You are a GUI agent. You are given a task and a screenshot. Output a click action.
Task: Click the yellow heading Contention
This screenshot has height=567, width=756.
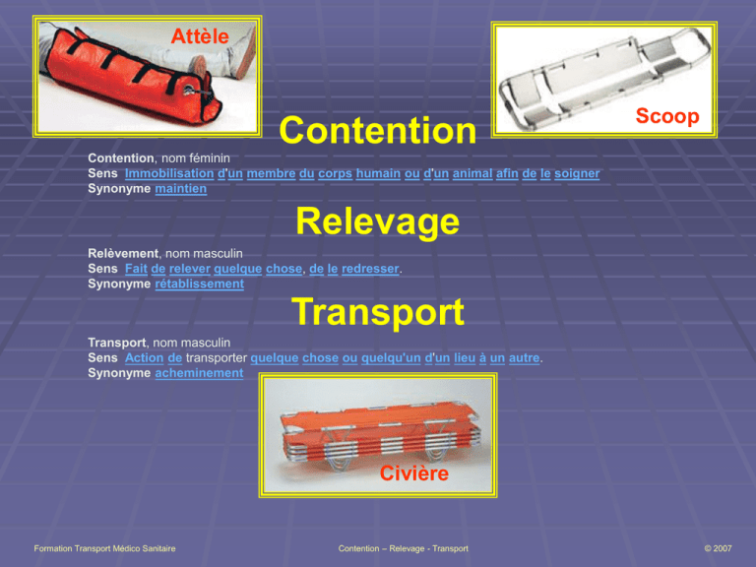click(x=378, y=131)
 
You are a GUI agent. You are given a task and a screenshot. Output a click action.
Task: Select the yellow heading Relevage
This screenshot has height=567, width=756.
click(x=378, y=221)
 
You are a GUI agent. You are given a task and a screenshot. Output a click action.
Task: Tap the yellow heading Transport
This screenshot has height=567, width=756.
click(x=378, y=312)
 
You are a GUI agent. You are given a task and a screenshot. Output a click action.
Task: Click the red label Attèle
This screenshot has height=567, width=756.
click(x=200, y=36)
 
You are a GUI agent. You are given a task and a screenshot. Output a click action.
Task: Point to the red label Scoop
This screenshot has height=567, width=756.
click(x=667, y=116)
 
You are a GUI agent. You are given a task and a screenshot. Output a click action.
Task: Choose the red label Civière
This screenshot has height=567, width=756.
click(x=414, y=472)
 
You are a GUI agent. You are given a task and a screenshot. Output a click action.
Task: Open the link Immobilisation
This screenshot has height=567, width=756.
click(x=169, y=173)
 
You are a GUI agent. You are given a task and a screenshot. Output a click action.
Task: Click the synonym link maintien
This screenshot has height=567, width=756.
click(x=181, y=189)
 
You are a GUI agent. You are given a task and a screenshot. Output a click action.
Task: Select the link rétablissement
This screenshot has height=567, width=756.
click(x=199, y=283)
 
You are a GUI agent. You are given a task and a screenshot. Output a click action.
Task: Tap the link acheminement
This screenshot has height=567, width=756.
click(x=199, y=373)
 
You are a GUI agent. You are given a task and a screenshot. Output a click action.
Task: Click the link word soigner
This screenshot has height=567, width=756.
click(x=577, y=173)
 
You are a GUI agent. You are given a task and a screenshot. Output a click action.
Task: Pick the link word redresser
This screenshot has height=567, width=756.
click(x=370, y=269)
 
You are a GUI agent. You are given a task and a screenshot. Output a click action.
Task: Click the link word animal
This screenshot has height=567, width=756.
click(x=472, y=173)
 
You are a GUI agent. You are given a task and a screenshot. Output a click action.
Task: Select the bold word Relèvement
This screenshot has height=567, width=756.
click(x=123, y=254)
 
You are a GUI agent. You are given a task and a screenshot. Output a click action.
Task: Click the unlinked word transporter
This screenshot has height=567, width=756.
click(x=217, y=357)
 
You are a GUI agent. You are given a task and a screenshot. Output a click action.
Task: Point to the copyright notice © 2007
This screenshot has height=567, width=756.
click(x=718, y=548)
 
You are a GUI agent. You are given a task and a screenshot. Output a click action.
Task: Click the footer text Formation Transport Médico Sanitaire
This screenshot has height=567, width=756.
click(x=104, y=548)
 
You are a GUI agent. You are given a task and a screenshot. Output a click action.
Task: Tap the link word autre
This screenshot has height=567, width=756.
click(x=524, y=357)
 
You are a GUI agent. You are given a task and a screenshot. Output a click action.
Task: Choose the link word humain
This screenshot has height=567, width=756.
click(x=378, y=173)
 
